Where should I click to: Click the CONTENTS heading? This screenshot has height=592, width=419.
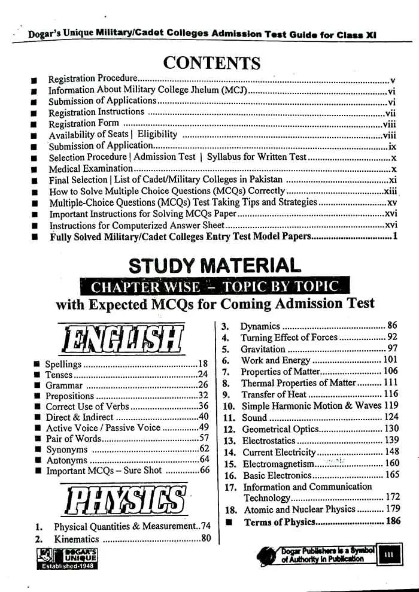point(211,63)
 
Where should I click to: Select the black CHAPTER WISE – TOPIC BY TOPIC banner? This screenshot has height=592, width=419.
point(214,286)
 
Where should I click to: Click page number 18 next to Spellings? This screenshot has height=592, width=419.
point(203,363)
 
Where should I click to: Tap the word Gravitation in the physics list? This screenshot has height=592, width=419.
point(263,349)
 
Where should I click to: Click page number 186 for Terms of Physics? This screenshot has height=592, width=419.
point(393,521)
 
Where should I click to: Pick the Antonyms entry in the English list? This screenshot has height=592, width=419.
point(66,460)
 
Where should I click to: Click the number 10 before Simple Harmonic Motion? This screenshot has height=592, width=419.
point(228,406)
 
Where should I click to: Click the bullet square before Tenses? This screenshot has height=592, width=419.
point(38,375)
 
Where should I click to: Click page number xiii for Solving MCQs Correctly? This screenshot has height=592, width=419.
point(390,192)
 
